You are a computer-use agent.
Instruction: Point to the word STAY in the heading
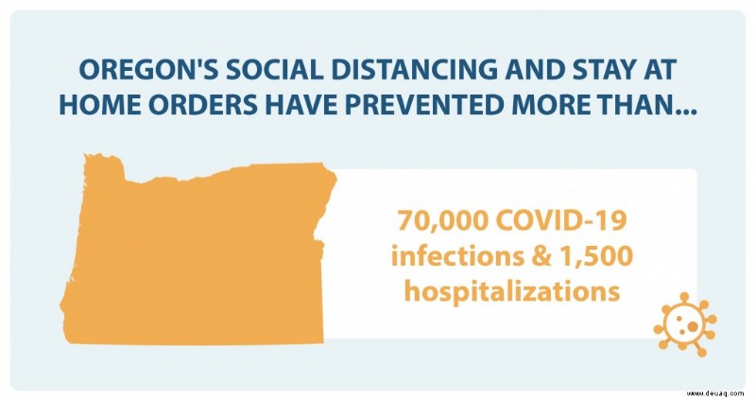tap(605, 70)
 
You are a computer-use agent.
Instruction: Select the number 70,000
tap(442, 221)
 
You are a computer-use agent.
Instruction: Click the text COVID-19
tap(561, 220)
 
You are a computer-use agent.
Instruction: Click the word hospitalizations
tap(511, 291)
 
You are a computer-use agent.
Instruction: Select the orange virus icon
tap(685, 324)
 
